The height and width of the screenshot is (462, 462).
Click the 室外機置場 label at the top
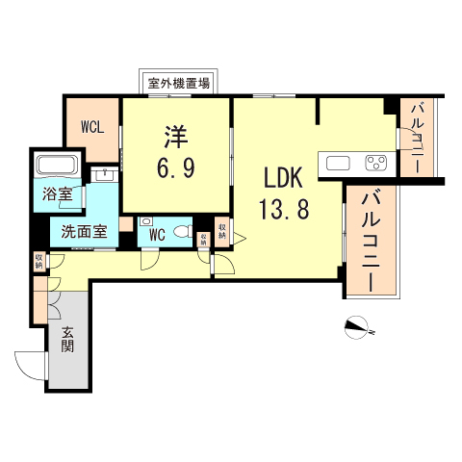(179, 83)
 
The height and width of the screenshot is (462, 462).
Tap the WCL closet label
(93, 126)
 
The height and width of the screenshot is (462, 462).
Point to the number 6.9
(176, 168)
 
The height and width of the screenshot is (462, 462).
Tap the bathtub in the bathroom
(57, 165)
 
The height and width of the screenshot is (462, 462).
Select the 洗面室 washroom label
(85, 231)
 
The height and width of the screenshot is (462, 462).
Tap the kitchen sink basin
(337, 163)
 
